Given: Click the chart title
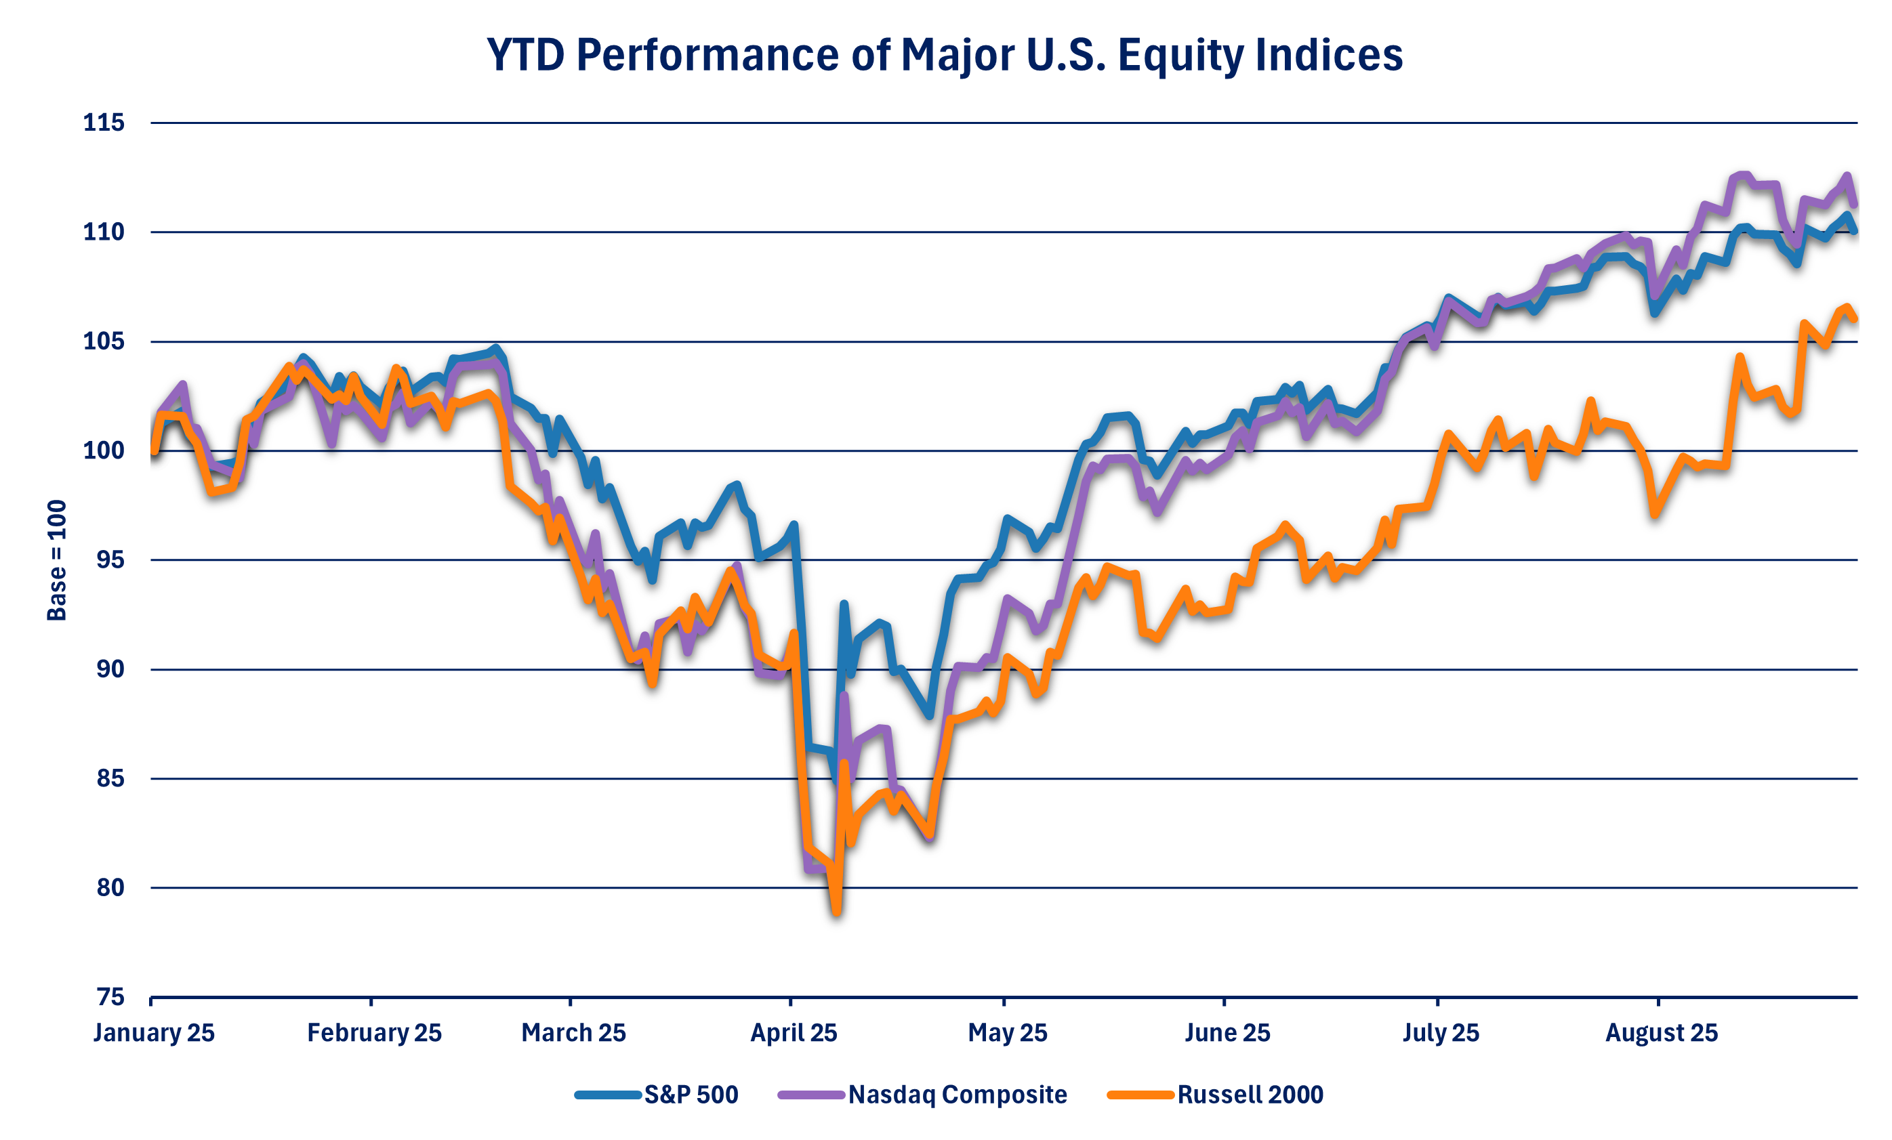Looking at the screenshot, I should [945, 56].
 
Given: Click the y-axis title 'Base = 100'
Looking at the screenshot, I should [57, 560].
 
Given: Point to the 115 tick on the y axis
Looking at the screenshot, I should [104, 123].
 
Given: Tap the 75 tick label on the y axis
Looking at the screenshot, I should [110, 997].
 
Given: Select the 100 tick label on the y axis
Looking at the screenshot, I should [104, 450].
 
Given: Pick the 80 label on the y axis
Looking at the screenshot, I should [110, 888].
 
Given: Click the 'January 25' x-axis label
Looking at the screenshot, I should [154, 1033].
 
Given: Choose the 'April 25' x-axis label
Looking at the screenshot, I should [794, 1033].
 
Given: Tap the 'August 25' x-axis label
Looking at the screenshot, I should [1661, 1033].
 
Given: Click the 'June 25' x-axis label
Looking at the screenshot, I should [1227, 1033].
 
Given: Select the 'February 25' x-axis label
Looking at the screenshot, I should [374, 1033].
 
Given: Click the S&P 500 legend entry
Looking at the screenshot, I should [657, 1095].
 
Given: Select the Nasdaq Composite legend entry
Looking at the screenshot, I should [922, 1095].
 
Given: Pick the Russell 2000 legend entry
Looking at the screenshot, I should [1216, 1095].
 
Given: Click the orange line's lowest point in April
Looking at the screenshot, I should [836, 912].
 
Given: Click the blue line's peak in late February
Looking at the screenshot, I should [495, 347].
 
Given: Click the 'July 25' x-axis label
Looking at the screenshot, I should [1441, 1033].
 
